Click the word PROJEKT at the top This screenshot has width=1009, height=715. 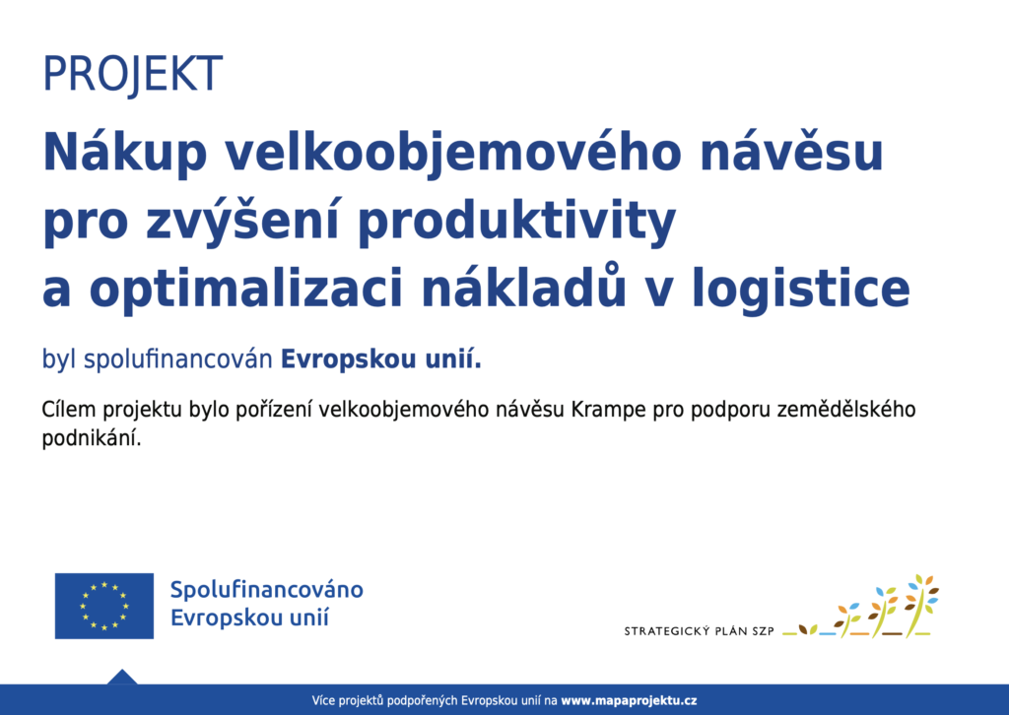(x=133, y=74)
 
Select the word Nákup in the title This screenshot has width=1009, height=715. (x=125, y=153)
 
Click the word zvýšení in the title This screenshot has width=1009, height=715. (x=241, y=220)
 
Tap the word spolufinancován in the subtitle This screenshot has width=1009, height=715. (x=178, y=358)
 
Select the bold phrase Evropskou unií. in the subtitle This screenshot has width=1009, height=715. (x=381, y=358)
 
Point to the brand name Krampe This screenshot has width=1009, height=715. (x=608, y=411)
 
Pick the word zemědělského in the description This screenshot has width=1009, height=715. (x=846, y=409)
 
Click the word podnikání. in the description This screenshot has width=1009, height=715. (x=92, y=438)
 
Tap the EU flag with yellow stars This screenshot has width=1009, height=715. (x=104, y=606)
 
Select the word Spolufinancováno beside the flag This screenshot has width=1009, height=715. (x=266, y=590)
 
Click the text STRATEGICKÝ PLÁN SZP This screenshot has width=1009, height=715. (x=699, y=631)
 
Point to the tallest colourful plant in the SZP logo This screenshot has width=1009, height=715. (x=922, y=605)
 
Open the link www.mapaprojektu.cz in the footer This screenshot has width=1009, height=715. (x=629, y=700)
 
